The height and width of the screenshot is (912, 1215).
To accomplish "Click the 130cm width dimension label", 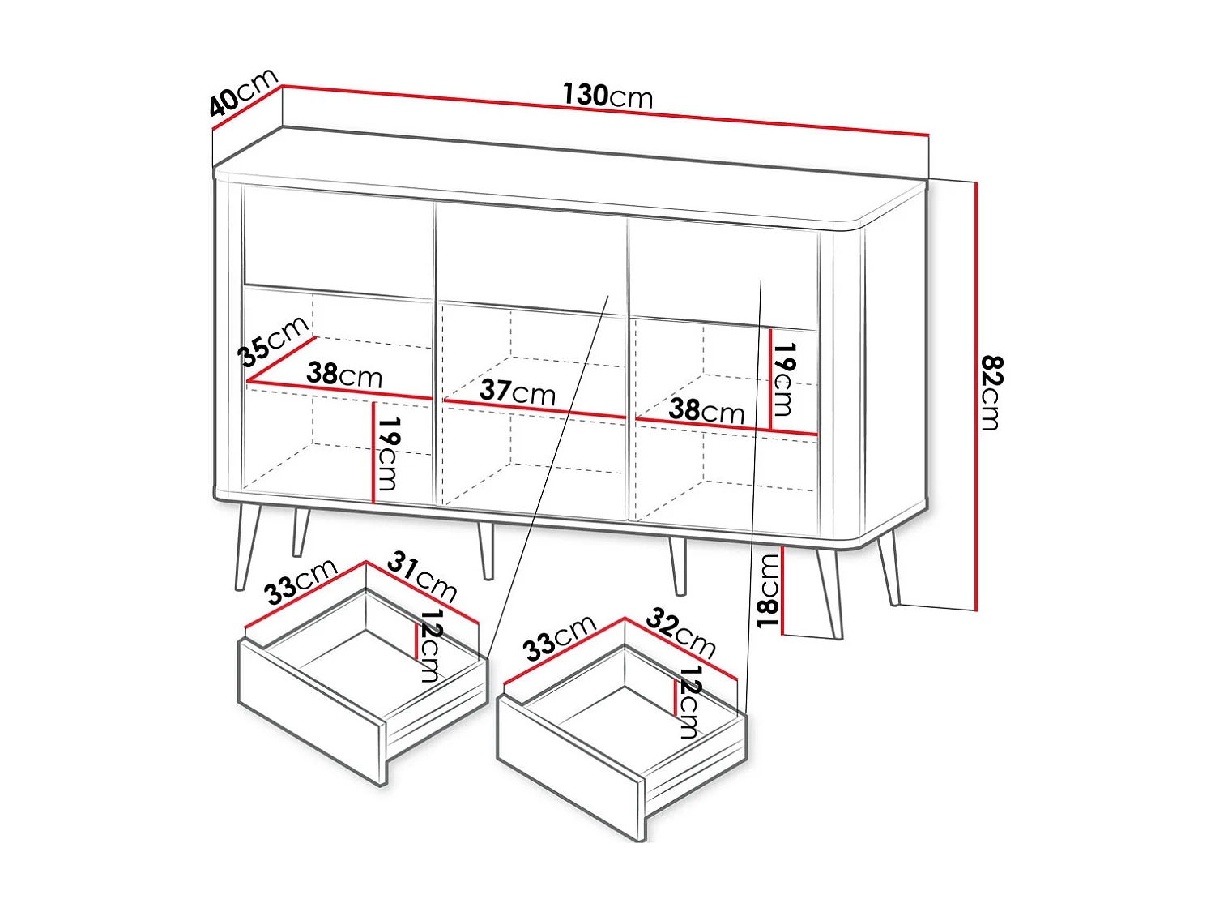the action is (607, 95).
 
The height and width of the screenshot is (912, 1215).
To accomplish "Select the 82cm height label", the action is (991, 393).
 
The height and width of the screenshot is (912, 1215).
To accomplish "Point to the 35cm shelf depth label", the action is (272, 340).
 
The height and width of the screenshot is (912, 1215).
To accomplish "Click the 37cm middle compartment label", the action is (518, 392).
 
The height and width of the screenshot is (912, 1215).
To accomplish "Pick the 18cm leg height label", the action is (768, 591).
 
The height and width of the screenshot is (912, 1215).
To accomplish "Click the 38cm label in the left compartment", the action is (344, 375).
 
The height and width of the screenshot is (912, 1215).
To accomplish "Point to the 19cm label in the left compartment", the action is (387, 453).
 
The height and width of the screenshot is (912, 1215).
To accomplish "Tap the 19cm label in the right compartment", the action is (784, 379).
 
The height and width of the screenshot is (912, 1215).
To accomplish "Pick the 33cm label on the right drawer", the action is (560, 638).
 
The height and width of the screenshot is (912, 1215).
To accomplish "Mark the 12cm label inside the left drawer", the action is (430, 645).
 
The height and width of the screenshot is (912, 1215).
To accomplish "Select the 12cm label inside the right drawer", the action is (688, 702).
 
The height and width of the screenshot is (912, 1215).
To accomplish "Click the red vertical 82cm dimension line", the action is (976, 396).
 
